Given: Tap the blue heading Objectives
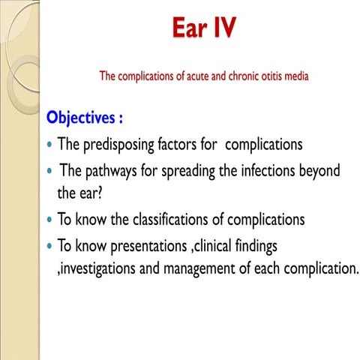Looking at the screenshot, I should pyautogui.click(x=85, y=118).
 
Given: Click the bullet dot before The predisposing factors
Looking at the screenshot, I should pyautogui.click(x=49, y=145).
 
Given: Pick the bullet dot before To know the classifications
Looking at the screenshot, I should pyautogui.click(x=49, y=220).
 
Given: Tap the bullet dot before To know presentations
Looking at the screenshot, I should pyautogui.click(x=49, y=247).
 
